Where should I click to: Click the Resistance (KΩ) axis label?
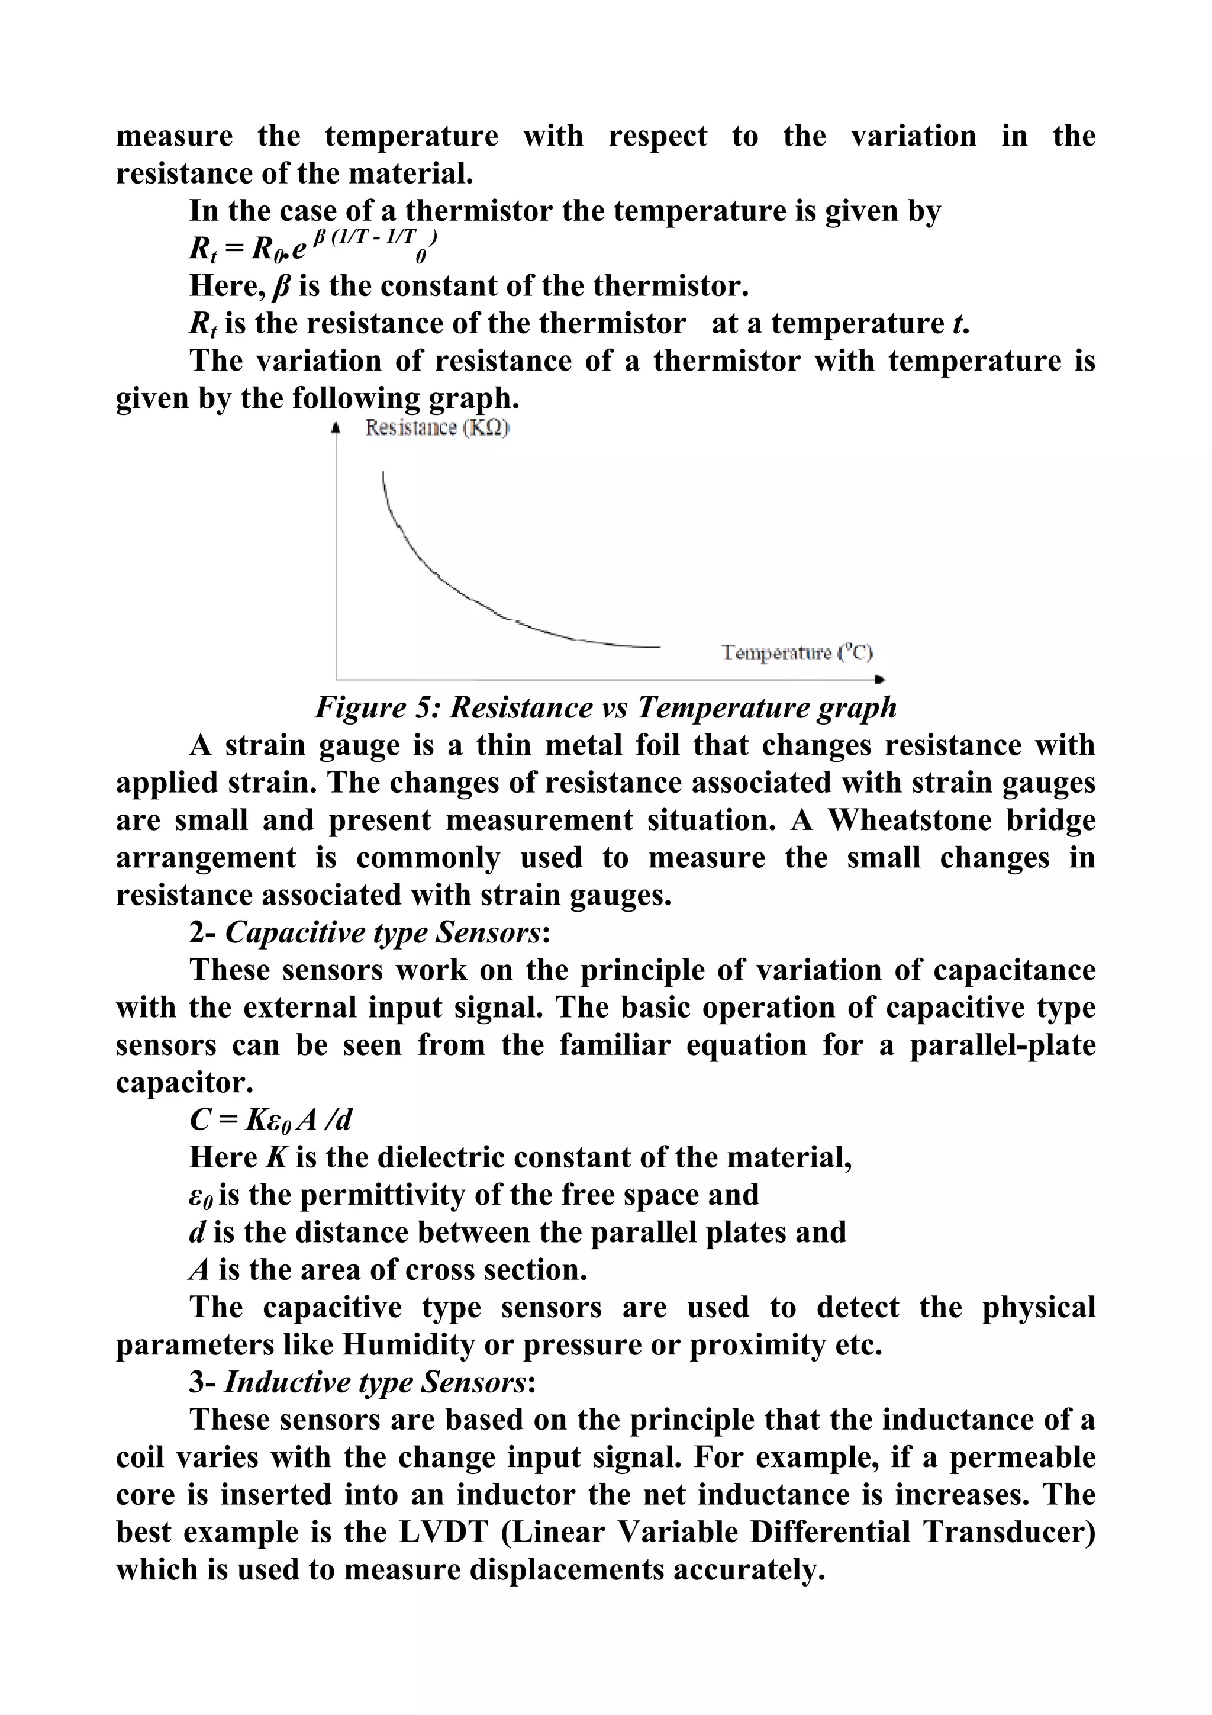(x=437, y=428)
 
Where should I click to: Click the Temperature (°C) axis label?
(x=797, y=653)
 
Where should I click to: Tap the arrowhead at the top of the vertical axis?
(x=336, y=428)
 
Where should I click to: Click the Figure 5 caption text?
(x=605, y=707)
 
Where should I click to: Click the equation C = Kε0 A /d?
(x=270, y=1119)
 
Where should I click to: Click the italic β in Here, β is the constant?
(x=282, y=286)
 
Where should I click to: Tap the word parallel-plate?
(x=1002, y=1044)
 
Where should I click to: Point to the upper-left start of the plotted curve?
(x=383, y=474)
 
